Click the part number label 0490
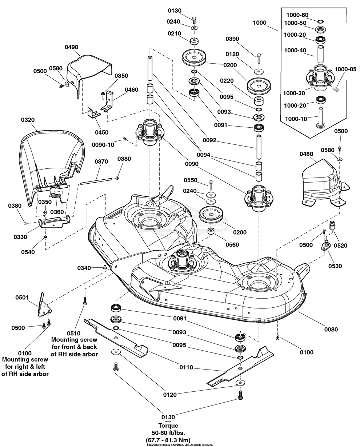pos(72,47)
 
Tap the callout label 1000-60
pos(297,15)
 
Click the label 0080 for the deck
pos(331,330)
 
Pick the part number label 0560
pos(232,245)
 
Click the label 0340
pos(84,268)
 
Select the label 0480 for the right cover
pos(307,154)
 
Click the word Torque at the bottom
pos(168,426)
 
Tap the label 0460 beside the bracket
pos(131,90)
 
